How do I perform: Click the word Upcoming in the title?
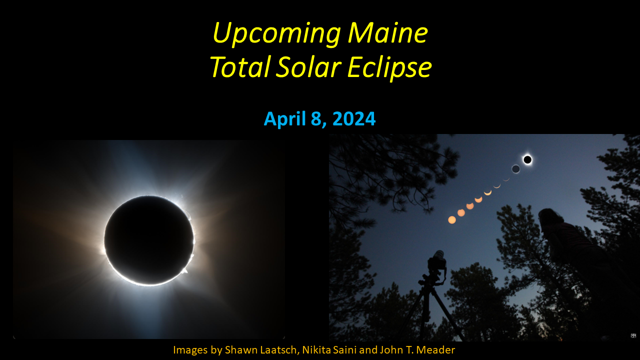point(276,34)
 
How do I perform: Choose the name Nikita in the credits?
point(318,350)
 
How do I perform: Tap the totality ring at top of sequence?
point(527,159)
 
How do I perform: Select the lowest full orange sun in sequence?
point(452,219)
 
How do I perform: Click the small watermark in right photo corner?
point(633,335)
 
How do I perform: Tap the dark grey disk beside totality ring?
point(515,169)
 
